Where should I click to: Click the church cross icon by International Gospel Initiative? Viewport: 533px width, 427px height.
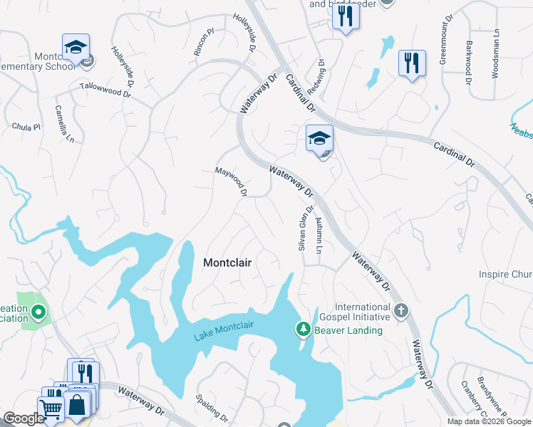[401, 310]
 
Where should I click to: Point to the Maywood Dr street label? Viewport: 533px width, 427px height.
[232, 181]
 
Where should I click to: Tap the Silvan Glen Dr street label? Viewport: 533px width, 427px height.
[304, 229]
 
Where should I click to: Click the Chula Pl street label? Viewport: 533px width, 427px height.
[27, 127]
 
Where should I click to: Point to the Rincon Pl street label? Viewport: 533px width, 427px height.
[204, 43]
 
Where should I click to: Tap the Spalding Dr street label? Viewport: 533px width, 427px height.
[213, 407]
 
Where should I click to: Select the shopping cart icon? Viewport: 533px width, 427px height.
[51, 408]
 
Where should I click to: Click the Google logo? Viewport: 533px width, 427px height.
[24, 419]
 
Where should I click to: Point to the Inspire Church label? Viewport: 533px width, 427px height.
[504, 275]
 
